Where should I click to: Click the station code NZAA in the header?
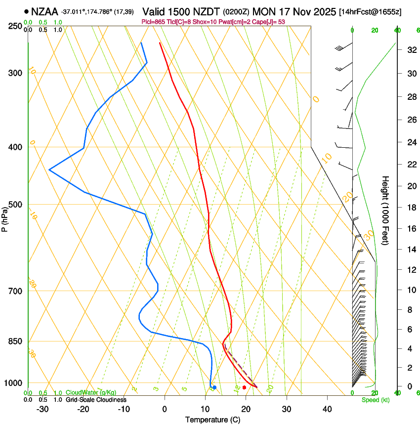44,11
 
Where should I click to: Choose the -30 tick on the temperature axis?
42,409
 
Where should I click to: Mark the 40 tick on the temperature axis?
327,409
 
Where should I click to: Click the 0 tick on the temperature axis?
165,409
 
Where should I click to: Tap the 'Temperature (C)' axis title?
212,420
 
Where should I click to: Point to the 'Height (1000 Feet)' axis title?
386,211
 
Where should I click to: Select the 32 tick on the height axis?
410,50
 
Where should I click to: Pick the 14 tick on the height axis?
410,250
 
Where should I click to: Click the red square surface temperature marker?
244,387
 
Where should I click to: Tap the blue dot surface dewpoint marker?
214,387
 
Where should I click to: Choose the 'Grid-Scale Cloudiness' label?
96,399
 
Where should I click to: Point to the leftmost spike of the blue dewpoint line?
49,170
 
